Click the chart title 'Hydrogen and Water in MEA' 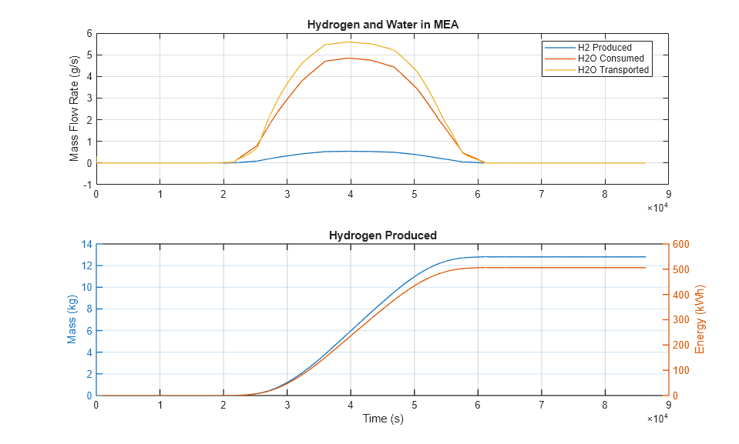tap(382, 25)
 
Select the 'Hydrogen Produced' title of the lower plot tap(382, 235)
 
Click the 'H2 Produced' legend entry tap(604, 48)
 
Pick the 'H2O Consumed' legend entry tap(610, 58)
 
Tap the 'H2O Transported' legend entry tap(613, 70)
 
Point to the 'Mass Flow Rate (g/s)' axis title tap(75, 109)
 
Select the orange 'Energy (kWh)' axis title tap(700, 319)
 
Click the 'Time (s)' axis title tap(383, 419)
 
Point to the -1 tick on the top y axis tap(89, 185)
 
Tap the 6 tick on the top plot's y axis tap(89, 34)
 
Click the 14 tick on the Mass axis tap(87, 245)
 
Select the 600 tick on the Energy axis tap(680, 245)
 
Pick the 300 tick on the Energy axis tap(680, 320)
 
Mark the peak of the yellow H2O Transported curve tap(351, 42)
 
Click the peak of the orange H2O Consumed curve tap(351, 58)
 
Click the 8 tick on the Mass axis tap(89, 309)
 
